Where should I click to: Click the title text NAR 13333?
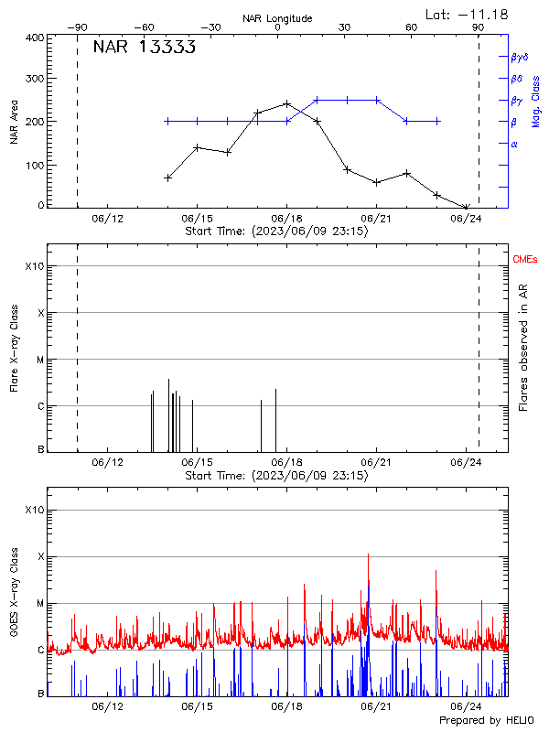point(144,48)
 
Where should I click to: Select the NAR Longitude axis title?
point(277,18)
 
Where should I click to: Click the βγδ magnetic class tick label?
point(519,57)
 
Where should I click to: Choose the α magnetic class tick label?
point(514,144)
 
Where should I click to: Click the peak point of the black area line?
point(287,103)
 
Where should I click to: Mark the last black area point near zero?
point(466,208)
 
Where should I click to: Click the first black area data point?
point(167,178)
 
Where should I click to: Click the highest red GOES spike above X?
point(368,555)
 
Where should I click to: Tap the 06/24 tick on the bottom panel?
point(466,706)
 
